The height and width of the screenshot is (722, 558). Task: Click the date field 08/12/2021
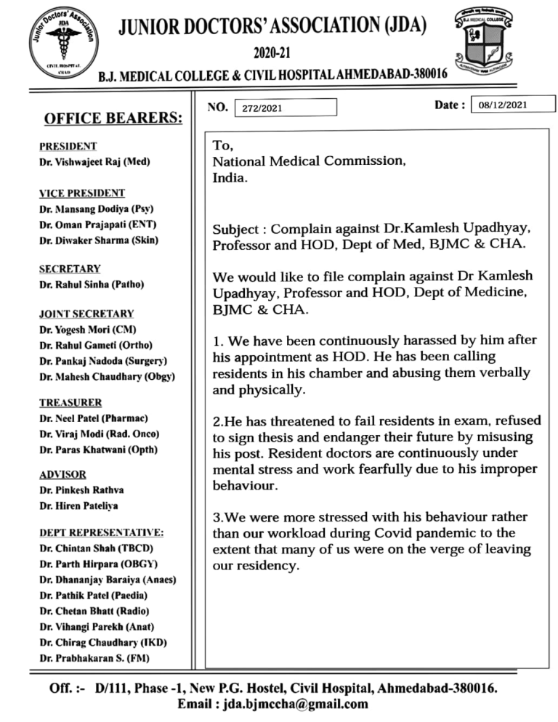[x=513, y=106]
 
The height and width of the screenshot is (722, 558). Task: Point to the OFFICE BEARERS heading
[x=113, y=118]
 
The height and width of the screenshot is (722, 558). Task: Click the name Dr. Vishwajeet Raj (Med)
[x=95, y=163]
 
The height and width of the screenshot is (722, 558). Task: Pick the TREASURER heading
[x=71, y=402]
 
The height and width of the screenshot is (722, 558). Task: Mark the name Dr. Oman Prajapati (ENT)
[x=99, y=224]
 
